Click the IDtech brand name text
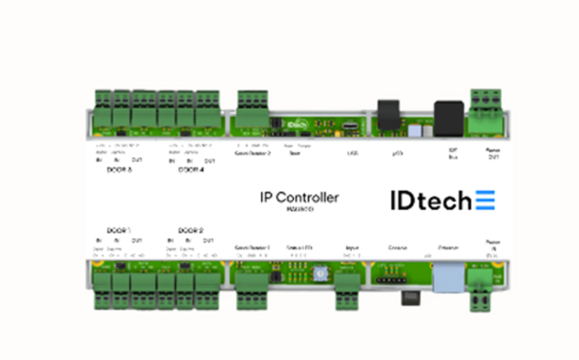point(425,199)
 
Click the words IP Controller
point(300,197)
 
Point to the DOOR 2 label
point(190,230)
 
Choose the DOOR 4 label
point(190,169)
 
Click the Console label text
point(399,247)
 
